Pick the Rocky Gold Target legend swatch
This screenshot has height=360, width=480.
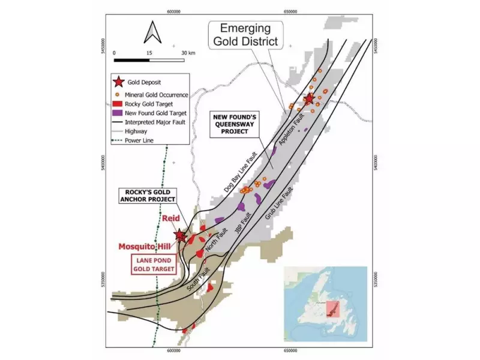tap(119, 104)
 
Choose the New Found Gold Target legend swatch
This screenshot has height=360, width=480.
tap(119, 113)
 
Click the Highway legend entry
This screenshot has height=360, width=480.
tap(136, 131)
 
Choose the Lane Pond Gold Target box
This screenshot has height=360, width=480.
tap(154, 265)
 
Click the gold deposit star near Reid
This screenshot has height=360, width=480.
tap(179, 236)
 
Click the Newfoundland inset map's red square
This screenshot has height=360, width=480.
tap(332, 309)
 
